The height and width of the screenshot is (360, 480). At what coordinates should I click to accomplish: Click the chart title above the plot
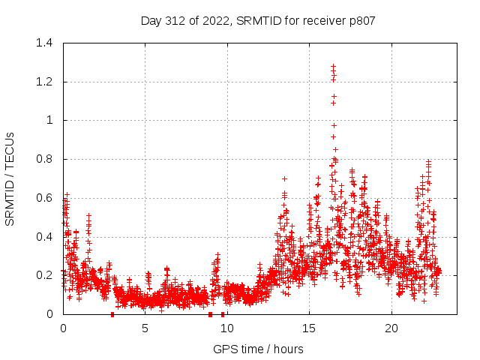pos(258,20)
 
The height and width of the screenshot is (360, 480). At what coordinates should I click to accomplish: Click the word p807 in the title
pos(360,20)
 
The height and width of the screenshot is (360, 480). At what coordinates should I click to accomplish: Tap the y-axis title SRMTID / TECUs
pos(10,178)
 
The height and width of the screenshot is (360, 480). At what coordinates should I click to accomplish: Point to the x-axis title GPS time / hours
pos(258,349)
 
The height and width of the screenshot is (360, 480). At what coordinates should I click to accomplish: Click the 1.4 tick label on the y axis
pos(46,43)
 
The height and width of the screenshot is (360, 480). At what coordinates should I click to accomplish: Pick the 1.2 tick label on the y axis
pos(46,82)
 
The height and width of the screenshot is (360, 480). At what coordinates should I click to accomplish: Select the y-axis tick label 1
pos(51,120)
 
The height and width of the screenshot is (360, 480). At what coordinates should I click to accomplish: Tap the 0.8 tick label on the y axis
pos(46,159)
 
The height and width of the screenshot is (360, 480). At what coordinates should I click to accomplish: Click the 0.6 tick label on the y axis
pos(46,198)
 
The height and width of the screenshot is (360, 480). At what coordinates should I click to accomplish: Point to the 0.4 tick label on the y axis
pos(46,237)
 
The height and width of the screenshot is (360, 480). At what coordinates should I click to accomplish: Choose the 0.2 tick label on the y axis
pos(46,275)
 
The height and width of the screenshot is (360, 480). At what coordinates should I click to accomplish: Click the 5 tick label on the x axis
pos(145,328)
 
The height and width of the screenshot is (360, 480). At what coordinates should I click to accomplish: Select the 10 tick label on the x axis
pos(227,328)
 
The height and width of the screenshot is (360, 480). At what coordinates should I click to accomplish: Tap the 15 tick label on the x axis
pos(310,328)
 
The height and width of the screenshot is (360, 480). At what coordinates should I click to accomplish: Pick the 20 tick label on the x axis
pos(391,328)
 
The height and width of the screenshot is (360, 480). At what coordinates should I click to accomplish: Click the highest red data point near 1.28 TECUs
pos(333,66)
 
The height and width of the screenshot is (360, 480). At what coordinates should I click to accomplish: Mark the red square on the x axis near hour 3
pos(112,314)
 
